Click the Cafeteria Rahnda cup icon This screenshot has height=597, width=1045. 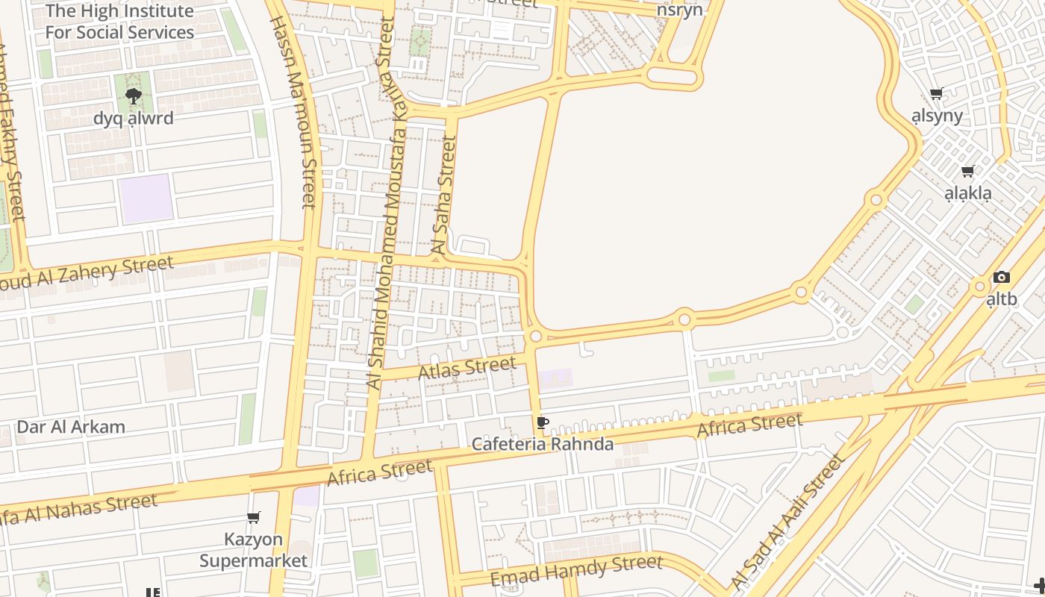[x=543, y=423]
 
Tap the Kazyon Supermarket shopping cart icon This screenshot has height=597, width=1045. [x=254, y=517]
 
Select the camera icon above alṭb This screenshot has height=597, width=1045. [x=1002, y=278]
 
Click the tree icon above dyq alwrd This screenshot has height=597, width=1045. [x=134, y=96]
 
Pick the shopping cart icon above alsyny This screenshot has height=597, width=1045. [x=937, y=93]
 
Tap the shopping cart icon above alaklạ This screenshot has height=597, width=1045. [x=968, y=172]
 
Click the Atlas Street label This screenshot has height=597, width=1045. [x=467, y=368]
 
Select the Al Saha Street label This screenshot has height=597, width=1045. [x=445, y=196]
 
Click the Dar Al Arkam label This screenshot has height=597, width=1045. [x=71, y=428]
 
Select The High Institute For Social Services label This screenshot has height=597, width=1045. [x=119, y=22]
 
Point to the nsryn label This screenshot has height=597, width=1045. [x=679, y=10]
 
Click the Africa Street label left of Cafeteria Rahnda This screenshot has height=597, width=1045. [x=379, y=473]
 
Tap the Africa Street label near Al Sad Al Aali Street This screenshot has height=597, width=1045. [x=749, y=426]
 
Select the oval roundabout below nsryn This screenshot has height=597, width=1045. [x=672, y=76]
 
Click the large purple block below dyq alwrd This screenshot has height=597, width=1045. [x=146, y=199]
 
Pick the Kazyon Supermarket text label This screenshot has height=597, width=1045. [x=254, y=550]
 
